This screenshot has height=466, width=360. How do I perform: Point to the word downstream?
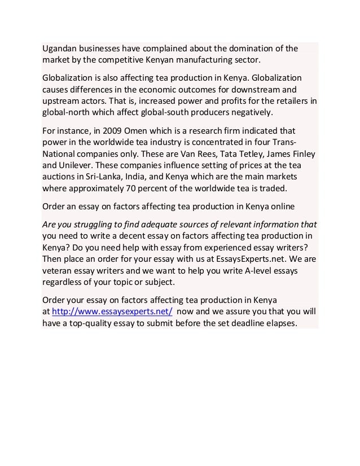[269, 89]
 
